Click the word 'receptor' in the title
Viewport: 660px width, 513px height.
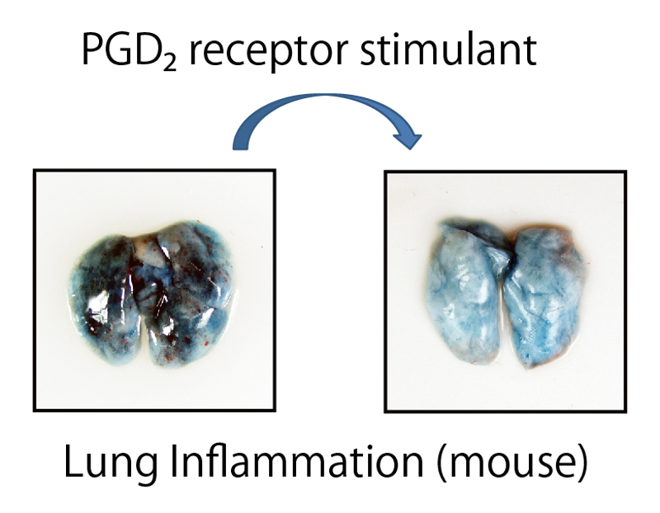click(269, 52)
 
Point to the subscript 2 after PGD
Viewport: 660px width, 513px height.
click(170, 64)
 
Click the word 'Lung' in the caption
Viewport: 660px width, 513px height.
click(111, 462)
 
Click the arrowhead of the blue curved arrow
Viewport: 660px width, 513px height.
click(408, 141)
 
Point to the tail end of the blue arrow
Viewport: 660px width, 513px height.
click(240, 148)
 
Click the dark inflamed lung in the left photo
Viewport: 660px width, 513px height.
click(152, 293)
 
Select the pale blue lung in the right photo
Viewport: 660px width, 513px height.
click(505, 294)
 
